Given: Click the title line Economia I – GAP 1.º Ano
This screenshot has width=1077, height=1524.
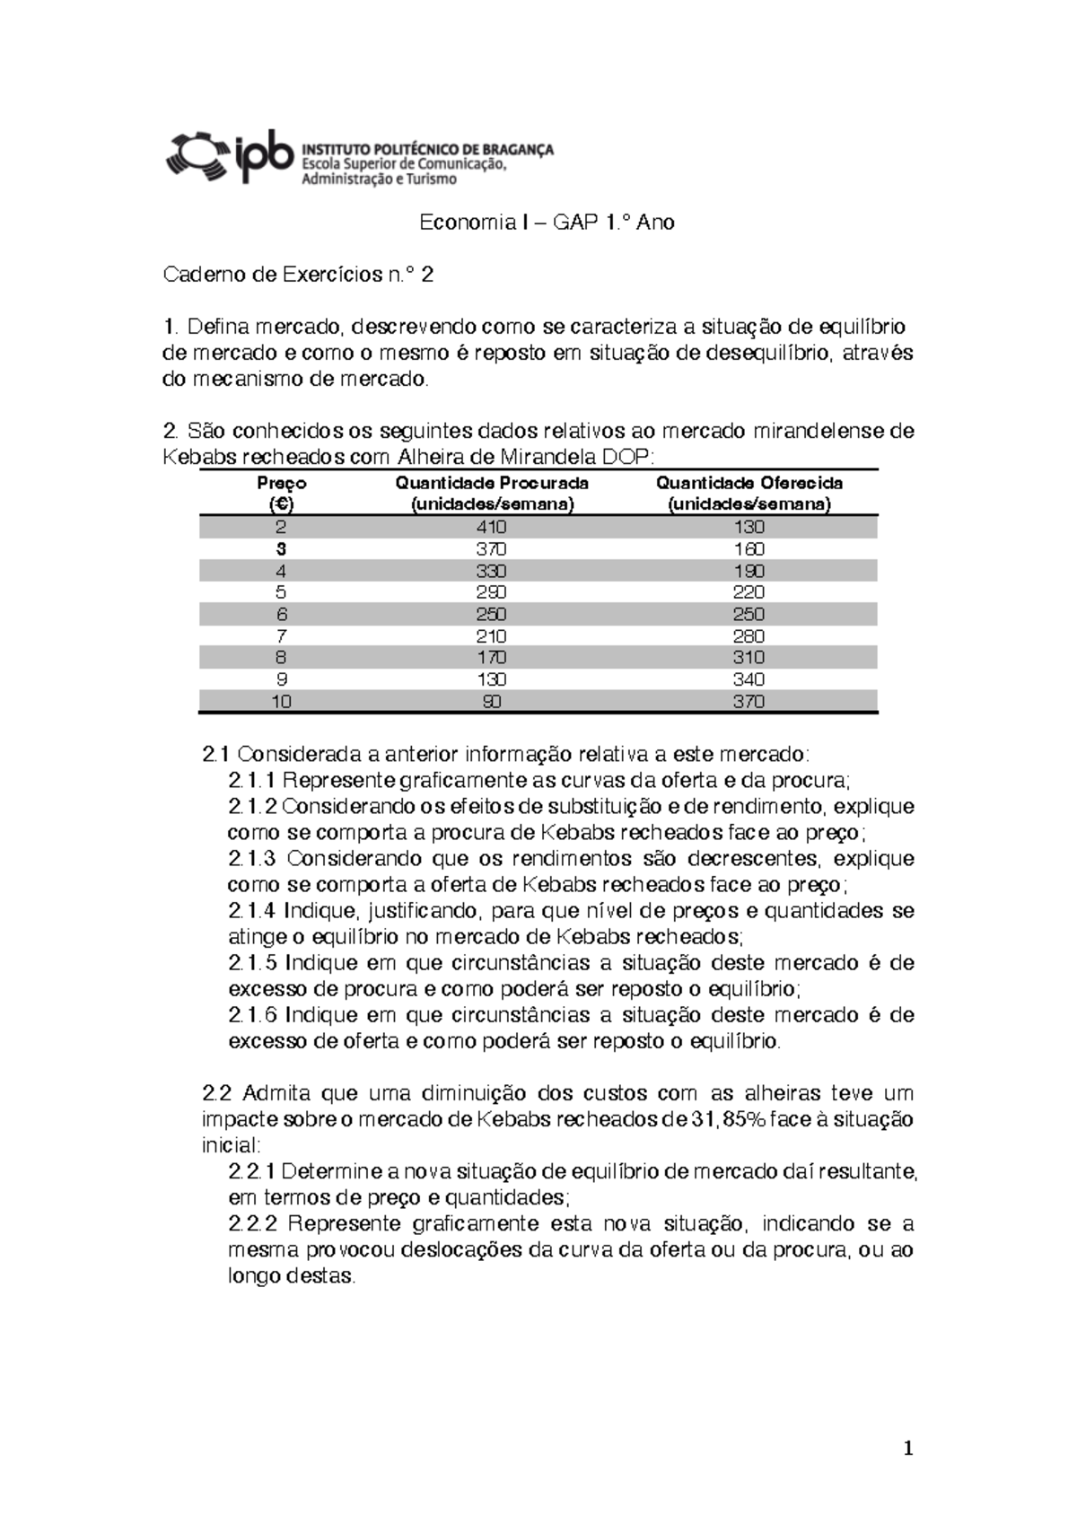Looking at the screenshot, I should (547, 223).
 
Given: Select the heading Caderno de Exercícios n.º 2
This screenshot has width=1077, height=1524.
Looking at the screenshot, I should (298, 275).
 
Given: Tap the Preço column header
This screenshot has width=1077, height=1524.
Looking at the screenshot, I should (282, 493).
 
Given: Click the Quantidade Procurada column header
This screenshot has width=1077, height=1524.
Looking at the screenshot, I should (492, 493).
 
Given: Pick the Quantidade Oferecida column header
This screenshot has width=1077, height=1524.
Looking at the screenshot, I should (749, 493).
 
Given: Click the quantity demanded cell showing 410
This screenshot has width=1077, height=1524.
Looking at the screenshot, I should (492, 527).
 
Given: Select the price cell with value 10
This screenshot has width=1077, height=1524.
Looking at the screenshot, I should (282, 702).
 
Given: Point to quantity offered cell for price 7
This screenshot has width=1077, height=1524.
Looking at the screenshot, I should (749, 636).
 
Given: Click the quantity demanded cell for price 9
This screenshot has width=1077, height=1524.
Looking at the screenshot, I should (492, 679).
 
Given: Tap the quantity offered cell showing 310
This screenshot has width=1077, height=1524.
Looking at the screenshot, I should (749, 658).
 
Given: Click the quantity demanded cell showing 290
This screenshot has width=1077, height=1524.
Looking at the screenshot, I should (492, 592).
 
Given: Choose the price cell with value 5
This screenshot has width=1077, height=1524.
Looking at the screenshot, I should (282, 592).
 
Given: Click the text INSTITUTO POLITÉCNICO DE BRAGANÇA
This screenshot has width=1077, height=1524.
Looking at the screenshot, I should (427, 149).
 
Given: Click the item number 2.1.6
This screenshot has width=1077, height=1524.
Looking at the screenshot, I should (253, 1015).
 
